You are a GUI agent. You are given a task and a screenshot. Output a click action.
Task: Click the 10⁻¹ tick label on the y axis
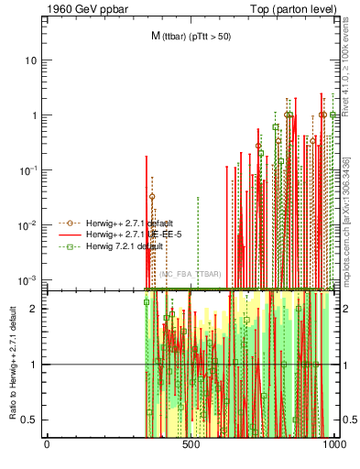point(29,170)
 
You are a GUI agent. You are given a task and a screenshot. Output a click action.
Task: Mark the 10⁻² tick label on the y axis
point(29,225)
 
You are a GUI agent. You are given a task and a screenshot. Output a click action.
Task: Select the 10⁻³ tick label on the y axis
point(29,279)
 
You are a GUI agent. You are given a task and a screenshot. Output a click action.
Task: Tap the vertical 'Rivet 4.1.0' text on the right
point(346,69)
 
